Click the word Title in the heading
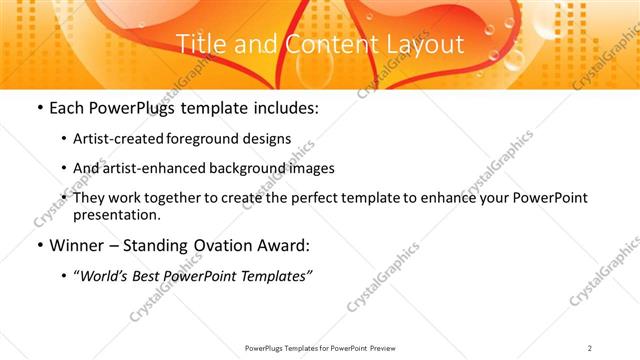pos(198,44)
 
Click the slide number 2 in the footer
pos(590,347)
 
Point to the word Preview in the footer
pos(385,347)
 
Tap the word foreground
pos(211,139)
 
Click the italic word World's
pos(103,276)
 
